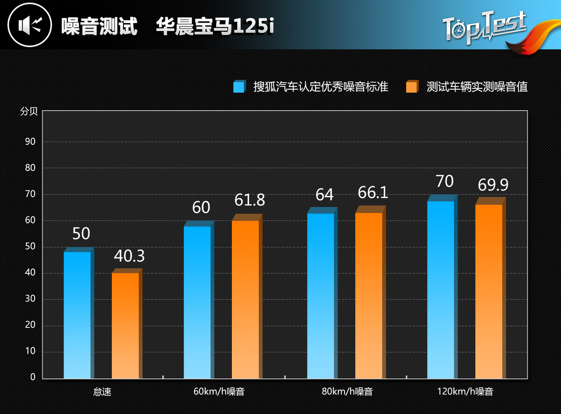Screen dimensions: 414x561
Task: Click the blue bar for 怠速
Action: pyautogui.click(x=77, y=315)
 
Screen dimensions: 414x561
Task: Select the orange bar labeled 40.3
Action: pyautogui.click(x=125, y=325)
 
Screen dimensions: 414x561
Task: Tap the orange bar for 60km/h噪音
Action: pyautogui.click(x=245, y=299)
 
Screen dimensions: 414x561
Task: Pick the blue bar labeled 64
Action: pyautogui.click(x=320, y=296)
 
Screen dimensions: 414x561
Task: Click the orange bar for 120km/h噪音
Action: pyautogui.click(x=489, y=291)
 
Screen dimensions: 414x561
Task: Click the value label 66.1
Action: pyautogui.click(x=373, y=192)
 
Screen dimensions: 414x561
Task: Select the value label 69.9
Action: pyautogui.click(x=493, y=185)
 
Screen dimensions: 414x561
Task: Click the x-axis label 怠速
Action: pyautogui.click(x=102, y=392)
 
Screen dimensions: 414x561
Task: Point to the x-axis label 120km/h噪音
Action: pyautogui.click(x=465, y=392)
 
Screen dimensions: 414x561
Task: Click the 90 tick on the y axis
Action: pyautogui.click(x=30, y=142)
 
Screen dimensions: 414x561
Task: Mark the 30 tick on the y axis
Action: pyautogui.click(x=30, y=299)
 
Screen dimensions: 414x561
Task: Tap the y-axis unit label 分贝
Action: pyautogui.click(x=28, y=112)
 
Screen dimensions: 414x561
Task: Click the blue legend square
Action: pyautogui.click(x=239, y=86)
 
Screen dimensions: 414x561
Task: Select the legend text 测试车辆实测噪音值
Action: pyautogui.click(x=477, y=87)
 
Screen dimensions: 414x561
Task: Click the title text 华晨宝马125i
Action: pyautogui.click(x=215, y=27)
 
